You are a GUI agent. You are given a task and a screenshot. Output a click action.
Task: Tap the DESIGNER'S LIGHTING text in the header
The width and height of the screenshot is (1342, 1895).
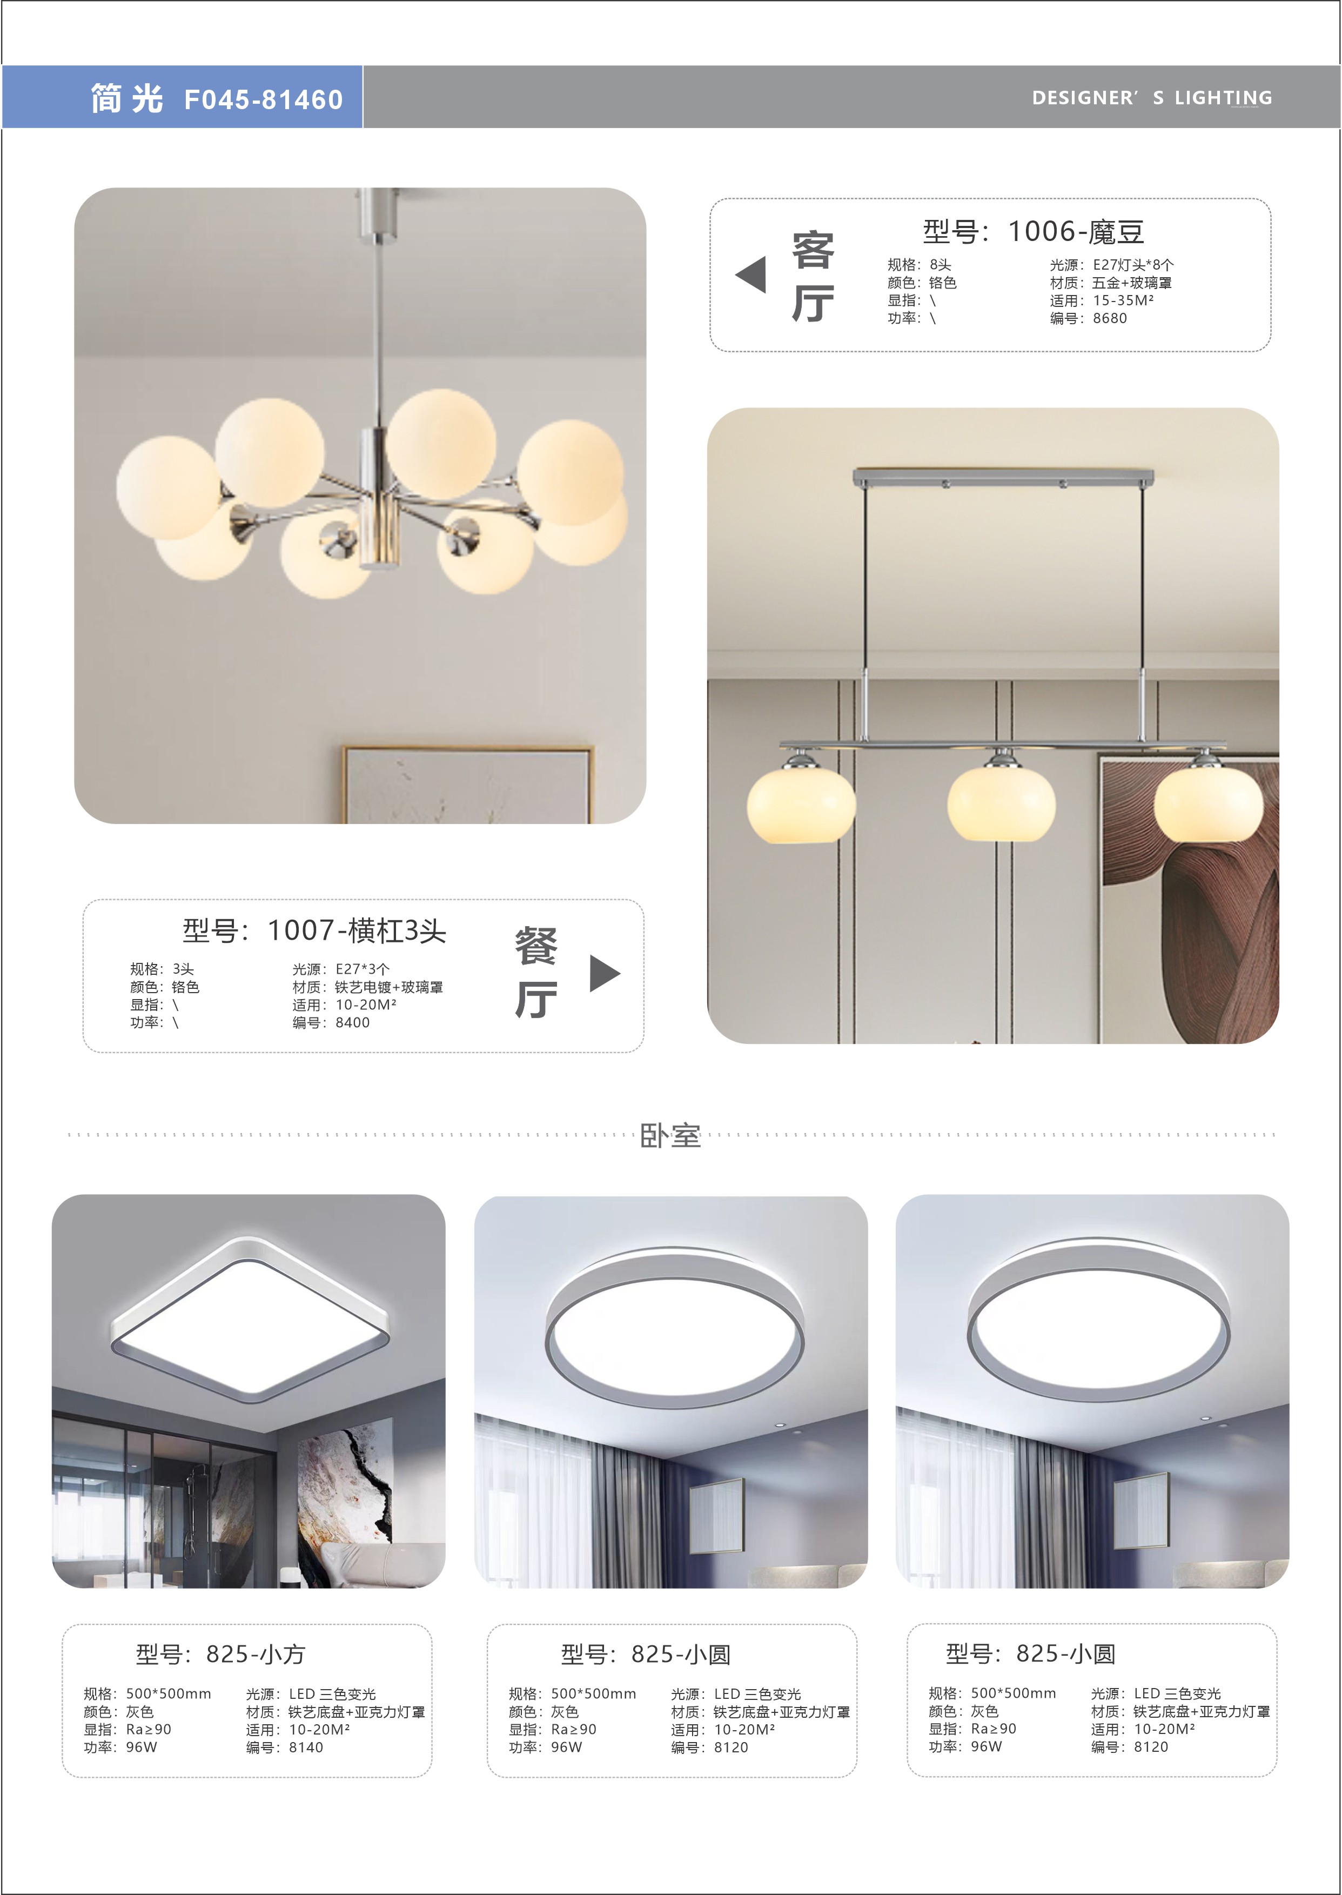pos(1152,97)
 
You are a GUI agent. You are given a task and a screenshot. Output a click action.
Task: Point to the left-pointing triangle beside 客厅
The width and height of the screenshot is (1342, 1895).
pos(750,274)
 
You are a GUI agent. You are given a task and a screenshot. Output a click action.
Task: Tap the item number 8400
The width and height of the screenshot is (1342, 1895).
pos(353,1023)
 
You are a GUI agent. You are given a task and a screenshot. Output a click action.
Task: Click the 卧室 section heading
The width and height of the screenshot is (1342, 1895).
pos(670,1135)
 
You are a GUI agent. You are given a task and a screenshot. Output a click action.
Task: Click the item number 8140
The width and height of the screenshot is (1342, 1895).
pos(306,1747)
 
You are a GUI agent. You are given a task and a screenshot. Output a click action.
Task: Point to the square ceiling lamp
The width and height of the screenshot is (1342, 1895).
pos(250,1320)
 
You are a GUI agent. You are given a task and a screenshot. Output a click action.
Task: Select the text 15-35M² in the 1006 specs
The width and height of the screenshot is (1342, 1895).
pos(1123,301)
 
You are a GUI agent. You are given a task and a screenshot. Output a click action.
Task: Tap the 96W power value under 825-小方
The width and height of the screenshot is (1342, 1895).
pos(142,1747)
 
